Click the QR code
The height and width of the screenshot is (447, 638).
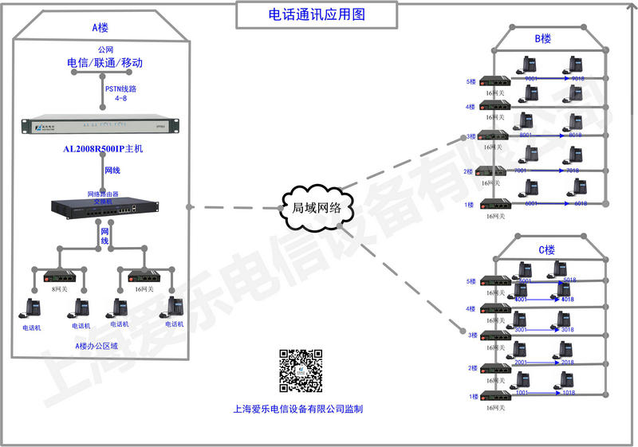point(300,371)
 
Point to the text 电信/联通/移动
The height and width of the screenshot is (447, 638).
point(104,62)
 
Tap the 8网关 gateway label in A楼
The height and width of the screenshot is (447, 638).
point(58,290)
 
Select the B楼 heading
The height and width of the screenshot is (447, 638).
point(542,38)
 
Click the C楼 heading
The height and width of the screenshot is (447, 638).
point(546,249)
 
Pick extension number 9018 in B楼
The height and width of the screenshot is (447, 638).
point(577,80)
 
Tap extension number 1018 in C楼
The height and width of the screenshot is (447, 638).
point(569,393)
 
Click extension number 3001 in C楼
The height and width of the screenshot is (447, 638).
point(521,329)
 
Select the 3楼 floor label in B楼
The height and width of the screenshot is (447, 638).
point(471,137)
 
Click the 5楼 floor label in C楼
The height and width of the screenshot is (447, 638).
point(471,281)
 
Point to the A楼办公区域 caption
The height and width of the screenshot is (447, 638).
point(96,346)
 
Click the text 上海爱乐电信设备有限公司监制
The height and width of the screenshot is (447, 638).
point(298,410)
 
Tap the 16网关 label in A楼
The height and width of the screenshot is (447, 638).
point(144,290)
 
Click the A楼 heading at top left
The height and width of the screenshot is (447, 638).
point(100,27)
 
